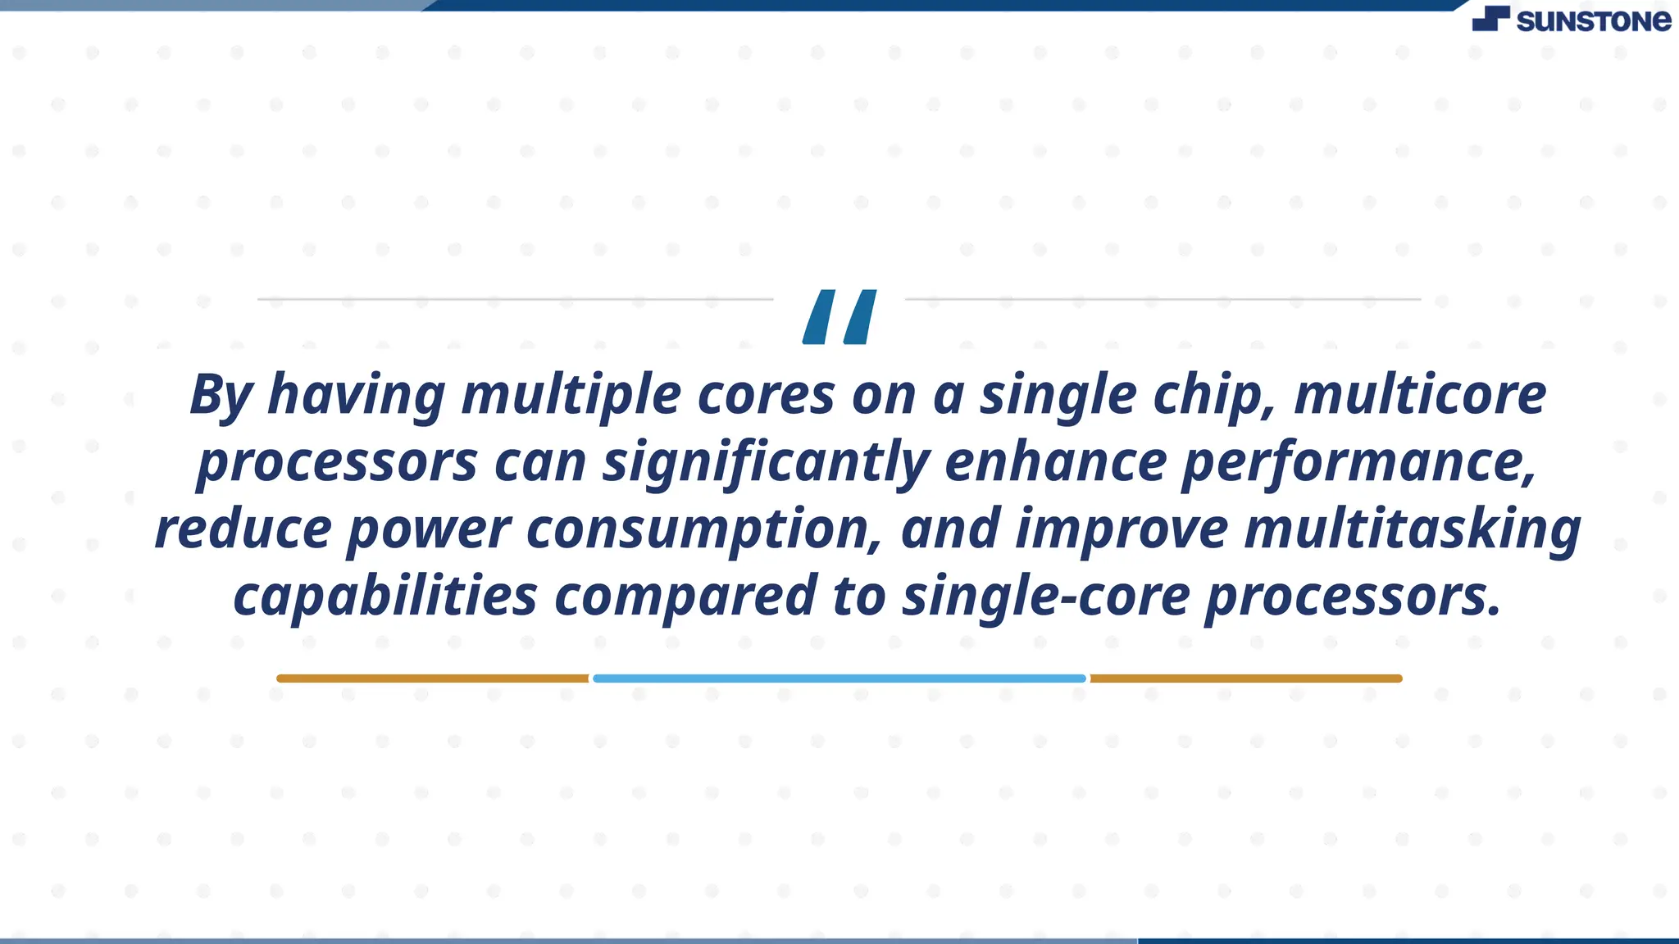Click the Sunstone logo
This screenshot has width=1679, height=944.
1571,20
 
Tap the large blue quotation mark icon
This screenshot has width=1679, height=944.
839,316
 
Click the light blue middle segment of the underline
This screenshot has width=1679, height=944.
839,678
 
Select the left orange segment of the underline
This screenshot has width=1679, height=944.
433,678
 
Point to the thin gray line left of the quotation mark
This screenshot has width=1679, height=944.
515,299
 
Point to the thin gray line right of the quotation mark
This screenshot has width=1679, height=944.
1163,299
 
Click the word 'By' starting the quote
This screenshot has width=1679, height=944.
220,395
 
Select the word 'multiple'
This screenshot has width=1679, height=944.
571,395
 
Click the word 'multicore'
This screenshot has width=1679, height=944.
1420,395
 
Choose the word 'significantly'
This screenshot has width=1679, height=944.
766,462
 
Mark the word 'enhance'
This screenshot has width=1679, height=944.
1056,462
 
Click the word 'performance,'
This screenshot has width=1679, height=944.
1359,462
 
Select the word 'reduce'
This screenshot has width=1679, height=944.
243,529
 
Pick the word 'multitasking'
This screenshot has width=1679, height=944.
1413,529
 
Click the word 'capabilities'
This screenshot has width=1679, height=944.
385,597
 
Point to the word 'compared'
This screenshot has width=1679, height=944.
685,597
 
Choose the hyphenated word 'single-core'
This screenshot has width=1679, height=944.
1045,597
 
